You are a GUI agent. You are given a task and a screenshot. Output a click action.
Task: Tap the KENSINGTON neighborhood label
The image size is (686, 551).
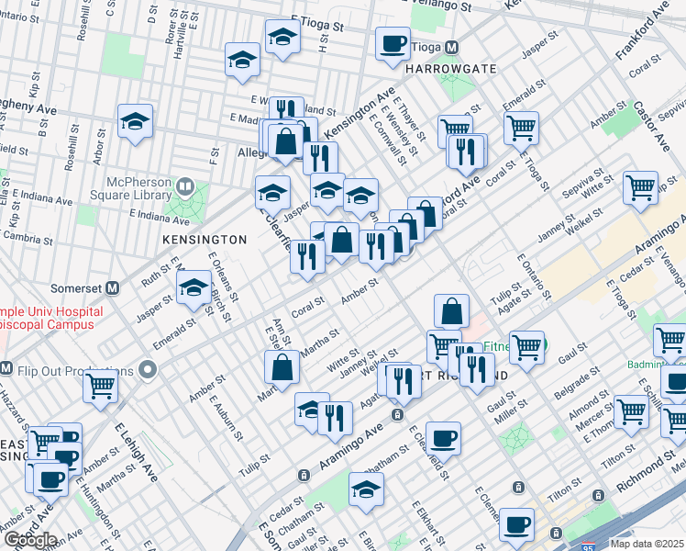pyautogui.click(x=205, y=240)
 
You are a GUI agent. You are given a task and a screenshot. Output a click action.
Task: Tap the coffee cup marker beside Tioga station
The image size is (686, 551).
pyautogui.click(x=393, y=43)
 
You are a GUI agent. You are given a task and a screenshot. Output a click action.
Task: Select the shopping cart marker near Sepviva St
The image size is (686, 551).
pyautogui.click(x=640, y=187)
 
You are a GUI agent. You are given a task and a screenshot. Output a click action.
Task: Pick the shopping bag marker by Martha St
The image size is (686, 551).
pyautogui.click(x=282, y=367)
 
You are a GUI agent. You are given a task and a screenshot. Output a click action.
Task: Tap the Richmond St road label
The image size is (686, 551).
pyautogui.click(x=647, y=472)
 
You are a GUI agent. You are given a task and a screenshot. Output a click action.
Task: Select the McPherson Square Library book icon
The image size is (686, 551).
pyautogui.click(x=184, y=187)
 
